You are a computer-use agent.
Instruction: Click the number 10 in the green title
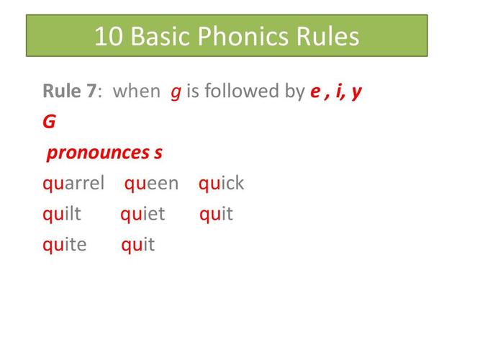click(x=109, y=36)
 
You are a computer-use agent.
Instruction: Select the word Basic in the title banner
click(x=160, y=36)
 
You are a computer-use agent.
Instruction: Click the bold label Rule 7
click(x=70, y=91)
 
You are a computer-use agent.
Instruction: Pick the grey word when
click(x=137, y=91)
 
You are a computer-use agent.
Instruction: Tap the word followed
click(x=240, y=91)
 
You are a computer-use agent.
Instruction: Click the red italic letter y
click(x=356, y=92)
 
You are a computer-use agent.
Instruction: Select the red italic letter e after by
click(x=315, y=91)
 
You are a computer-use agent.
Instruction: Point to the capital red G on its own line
click(x=49, y=122)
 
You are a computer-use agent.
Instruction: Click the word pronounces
click(x=98, y=153)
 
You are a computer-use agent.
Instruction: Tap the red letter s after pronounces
click(x=158, y=153)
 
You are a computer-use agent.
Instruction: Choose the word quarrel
click(x=73, y=184)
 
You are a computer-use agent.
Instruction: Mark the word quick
click(x=222, y=184)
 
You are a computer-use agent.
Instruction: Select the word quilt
click(x=62, y=214)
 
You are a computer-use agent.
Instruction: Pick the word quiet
click(x=142, y=214)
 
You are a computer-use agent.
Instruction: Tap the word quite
click(x=65, y=245)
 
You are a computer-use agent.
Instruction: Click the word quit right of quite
click(x=138, y=245)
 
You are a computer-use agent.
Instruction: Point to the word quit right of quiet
click(x=216, y=214)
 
